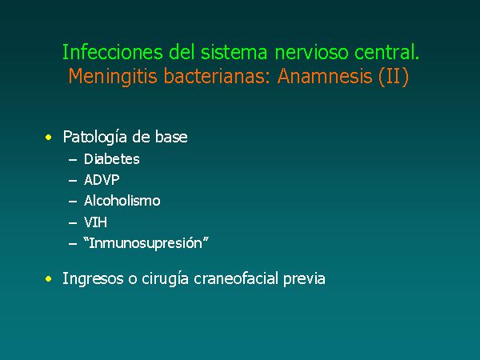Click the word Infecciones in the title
[113, 52]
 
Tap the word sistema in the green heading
[234, 52]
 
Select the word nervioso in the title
[312, 52]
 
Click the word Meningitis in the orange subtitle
[113, 77]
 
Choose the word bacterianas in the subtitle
[217, 76]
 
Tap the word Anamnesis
[325, 76]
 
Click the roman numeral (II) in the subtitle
[394, 76]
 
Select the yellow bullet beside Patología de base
[48, 137]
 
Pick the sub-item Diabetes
[112, 159]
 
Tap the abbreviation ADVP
[102, 180]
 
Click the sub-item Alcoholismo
[122, 201]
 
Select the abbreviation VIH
[95, 222]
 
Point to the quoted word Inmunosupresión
[146, 243]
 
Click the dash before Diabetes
[73, 160]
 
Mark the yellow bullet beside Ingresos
[48, 279]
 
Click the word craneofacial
[236, 278]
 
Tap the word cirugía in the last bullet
[165, 279]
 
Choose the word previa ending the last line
[304, 279]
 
